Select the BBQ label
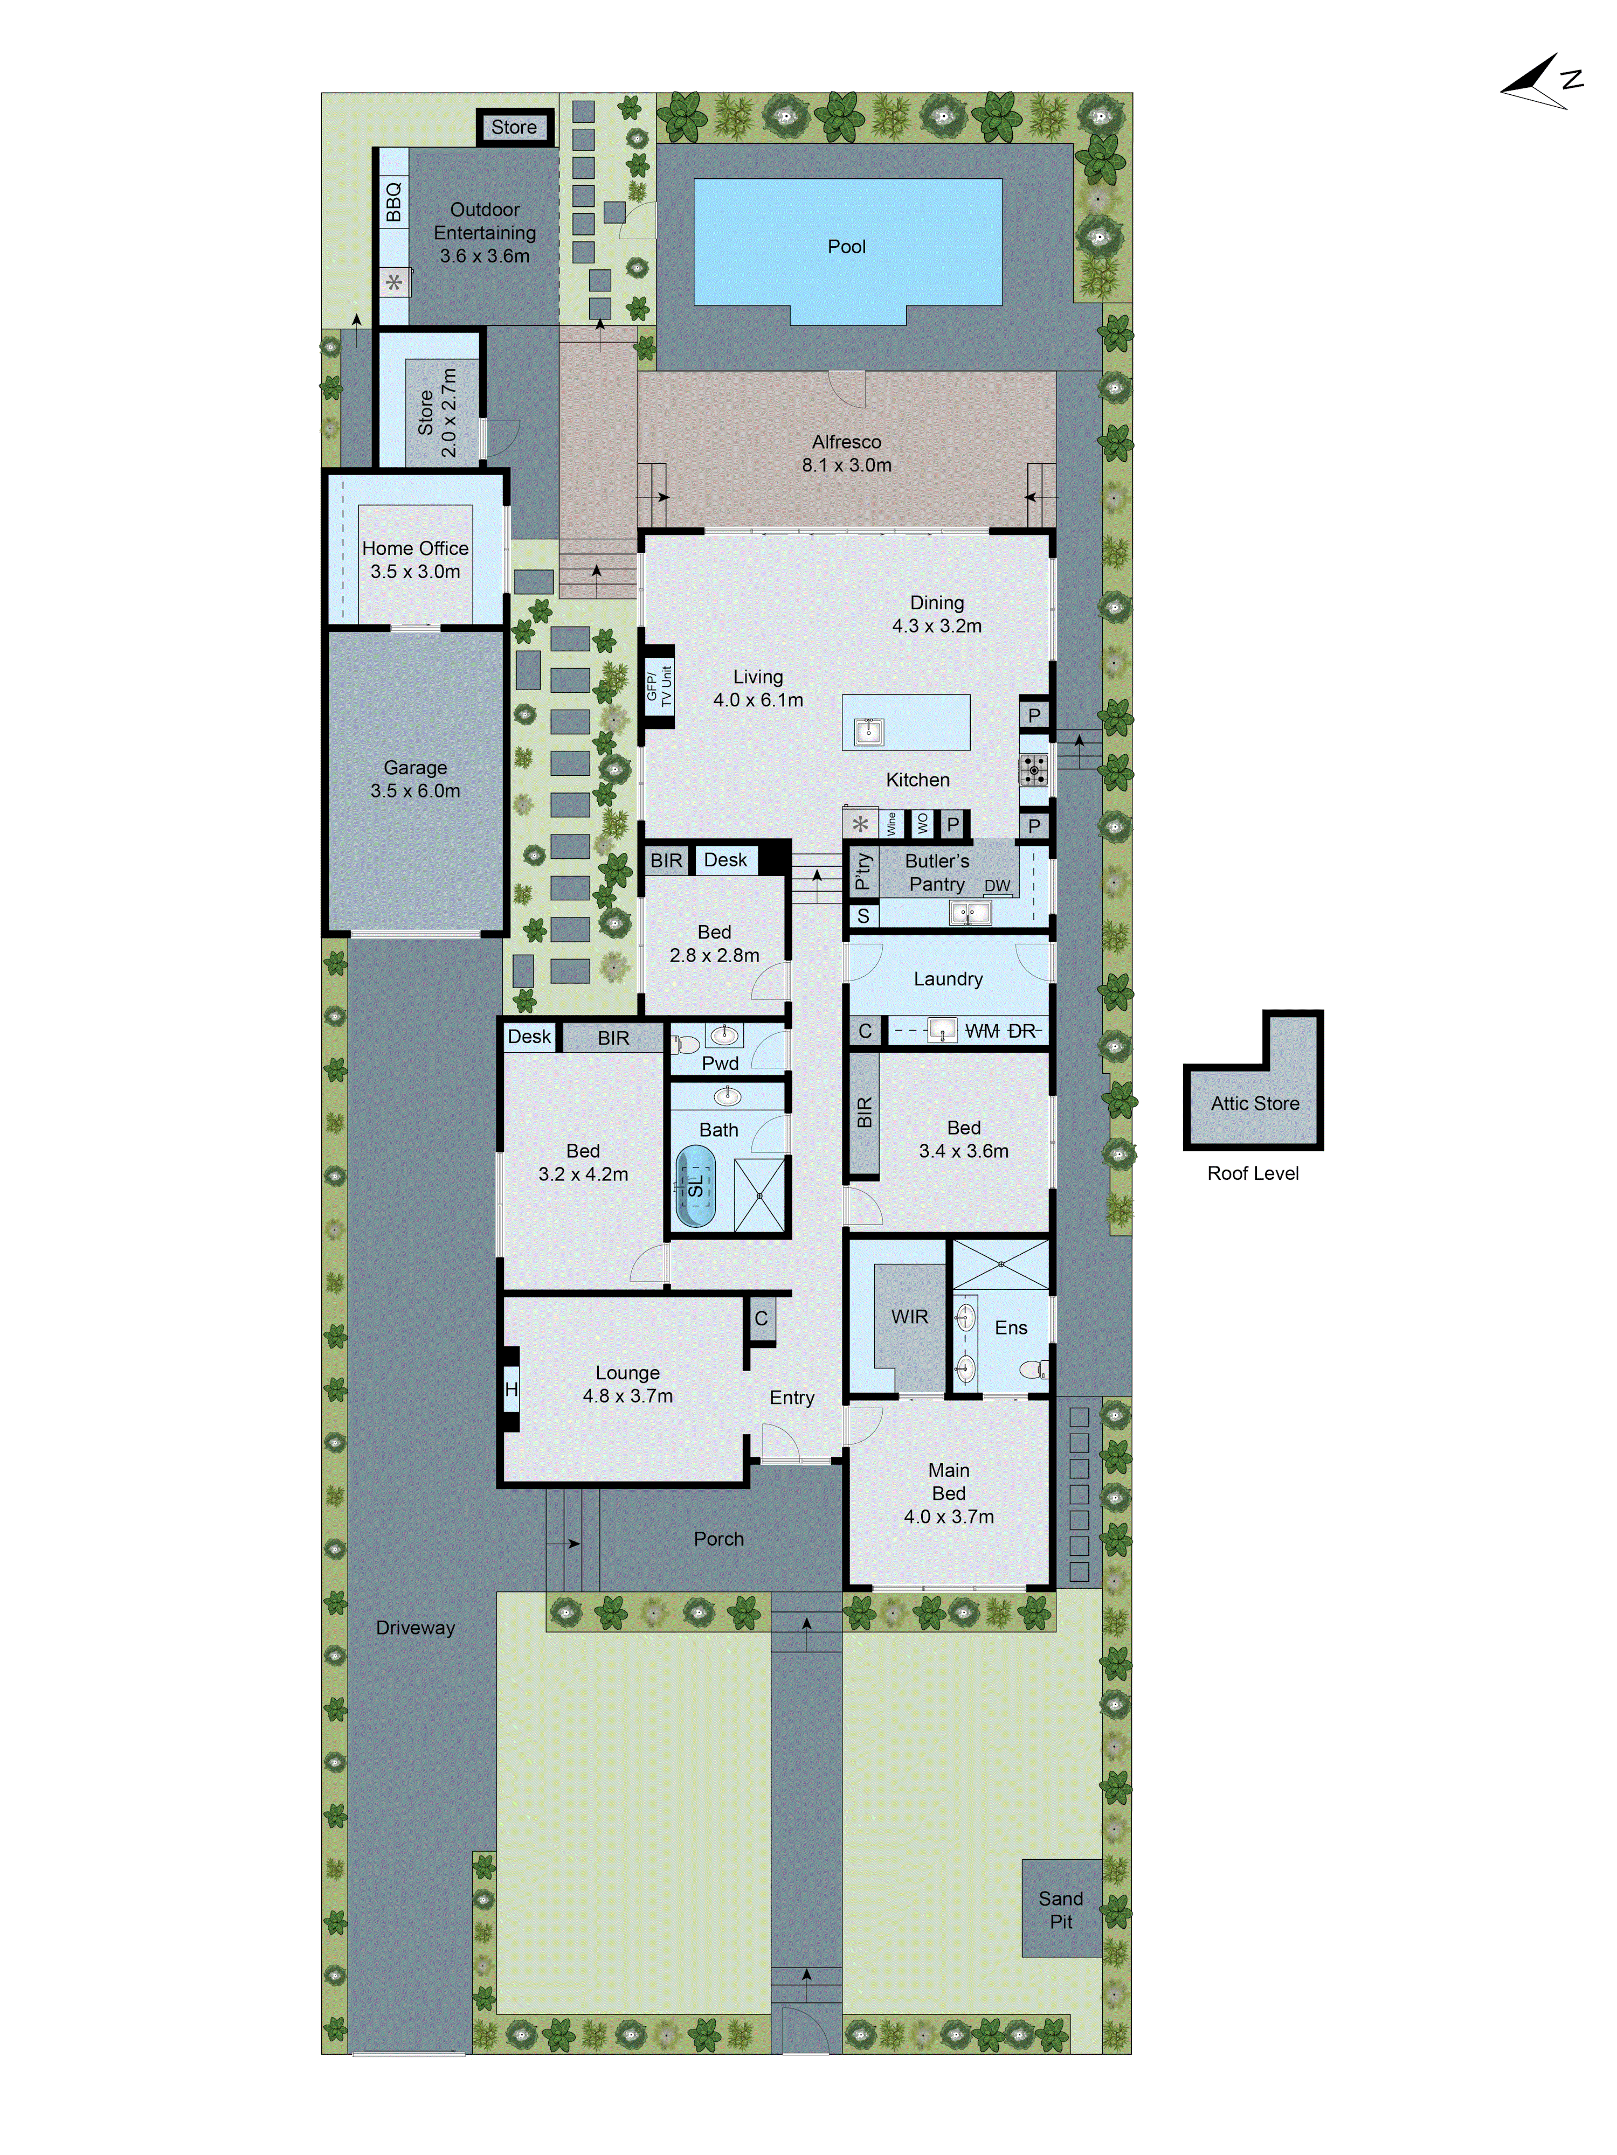(x=393, y=201)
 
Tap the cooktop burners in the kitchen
(x=1033, y=770)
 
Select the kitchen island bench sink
(x=868, y=731)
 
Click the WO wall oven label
(x=922, y=824)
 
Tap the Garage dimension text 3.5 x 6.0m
(x=415, y=791)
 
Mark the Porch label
(x=718, y=1539)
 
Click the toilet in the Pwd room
(x=686, y=1045)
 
